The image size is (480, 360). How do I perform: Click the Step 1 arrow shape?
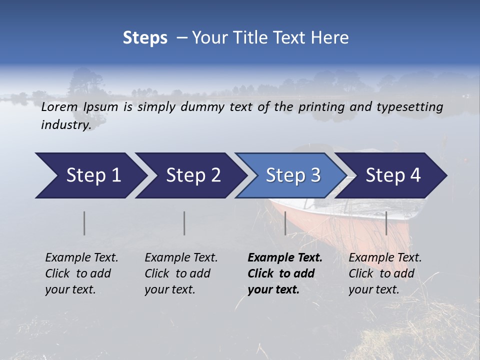point(90,175)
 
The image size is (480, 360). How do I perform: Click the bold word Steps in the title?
point(145,38)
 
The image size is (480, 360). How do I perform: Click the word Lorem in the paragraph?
point(59,106)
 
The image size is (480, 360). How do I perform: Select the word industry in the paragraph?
point(66,124)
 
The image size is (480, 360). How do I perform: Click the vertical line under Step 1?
point(84,223)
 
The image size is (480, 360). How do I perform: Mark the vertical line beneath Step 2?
point(184,223)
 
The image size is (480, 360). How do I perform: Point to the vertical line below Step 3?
point(285,223)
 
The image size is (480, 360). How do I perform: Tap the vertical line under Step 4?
point(386,223)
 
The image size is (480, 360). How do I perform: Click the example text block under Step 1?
point(81,273)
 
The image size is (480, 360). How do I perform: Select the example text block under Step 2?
point(181,273)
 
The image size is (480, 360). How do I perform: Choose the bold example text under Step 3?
point(285,273)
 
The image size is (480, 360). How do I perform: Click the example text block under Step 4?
point(385,273)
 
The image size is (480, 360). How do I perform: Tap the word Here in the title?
point(332,38)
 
